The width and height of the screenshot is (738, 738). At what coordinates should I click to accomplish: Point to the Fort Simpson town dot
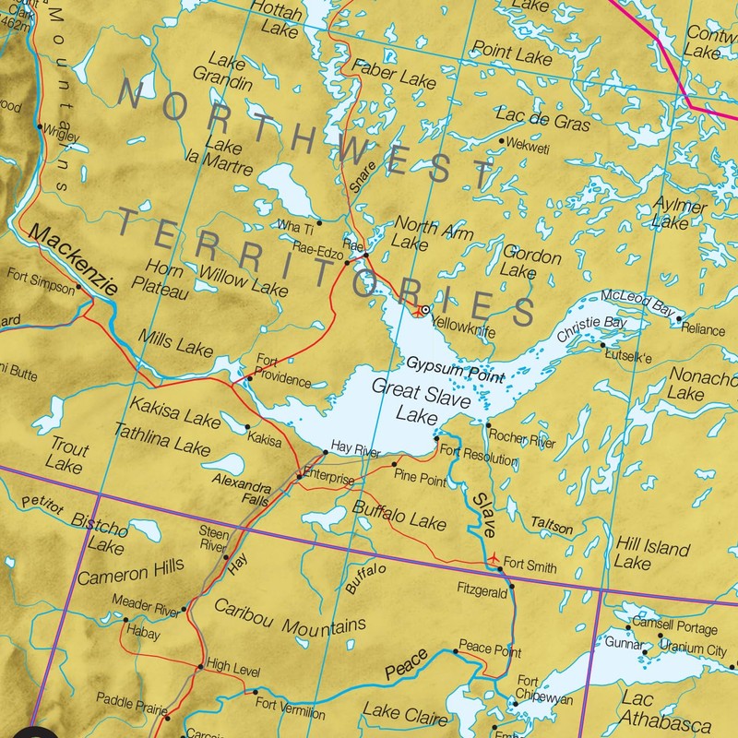pos(79,286)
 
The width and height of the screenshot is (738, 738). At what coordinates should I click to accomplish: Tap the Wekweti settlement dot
pos(501,141)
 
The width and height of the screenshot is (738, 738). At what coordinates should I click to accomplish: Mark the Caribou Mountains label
pos(290,617)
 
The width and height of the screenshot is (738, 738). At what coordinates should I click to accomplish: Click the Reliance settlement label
pos(704,329)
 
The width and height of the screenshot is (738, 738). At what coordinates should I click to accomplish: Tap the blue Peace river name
pos(406,661)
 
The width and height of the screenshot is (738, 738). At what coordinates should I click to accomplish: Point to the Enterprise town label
pos(329,480)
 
